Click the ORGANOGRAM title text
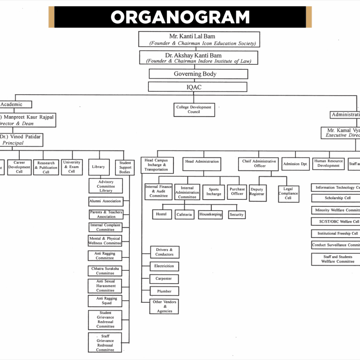(x=180, y=17)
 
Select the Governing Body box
(x=198, y=74)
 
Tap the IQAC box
(x=198, y=87)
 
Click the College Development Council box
(x=194, y=110)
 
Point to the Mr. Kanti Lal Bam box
(x=199, y=39)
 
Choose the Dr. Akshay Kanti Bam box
(x=199, y=58)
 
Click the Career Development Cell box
(x=19, y=167)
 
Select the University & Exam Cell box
(x=72, y=167)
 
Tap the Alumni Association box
(x=105, y=201)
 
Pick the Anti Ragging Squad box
(x=105, y=301)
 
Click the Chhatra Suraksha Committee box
(x=105, y=271)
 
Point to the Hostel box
(x=161, y=214)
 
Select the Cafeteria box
(x=184, y=214)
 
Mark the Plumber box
(x=164, y=291)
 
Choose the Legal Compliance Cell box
(x=288, y=194)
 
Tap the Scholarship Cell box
(x=337, y=198)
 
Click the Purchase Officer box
(x=237, y=192)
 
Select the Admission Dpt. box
(x=295, y=164)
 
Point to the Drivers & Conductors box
(x=164, y=252)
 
